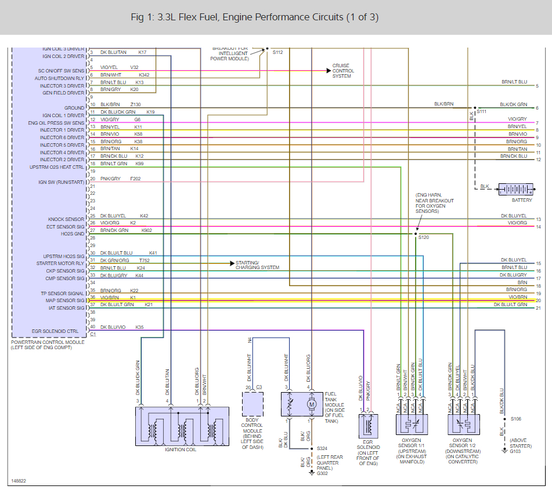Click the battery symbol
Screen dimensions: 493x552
click(x=515, y=190)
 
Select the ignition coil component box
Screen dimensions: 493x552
click(x=182, y=426)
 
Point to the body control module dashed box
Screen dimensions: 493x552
click(x=252, y=404)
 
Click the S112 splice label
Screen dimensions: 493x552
click(x=278, y=52)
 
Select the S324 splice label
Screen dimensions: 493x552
click(x=322, y=449)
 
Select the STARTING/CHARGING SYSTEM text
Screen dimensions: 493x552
click(x=257, y=265)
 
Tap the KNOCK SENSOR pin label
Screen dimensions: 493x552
click(x=66, y=219)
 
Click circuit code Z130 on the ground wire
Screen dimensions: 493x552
click(x=136, y=104)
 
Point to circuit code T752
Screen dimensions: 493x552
click(x=144, y=260)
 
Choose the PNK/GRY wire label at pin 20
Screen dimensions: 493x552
click(x=110, y=179)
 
